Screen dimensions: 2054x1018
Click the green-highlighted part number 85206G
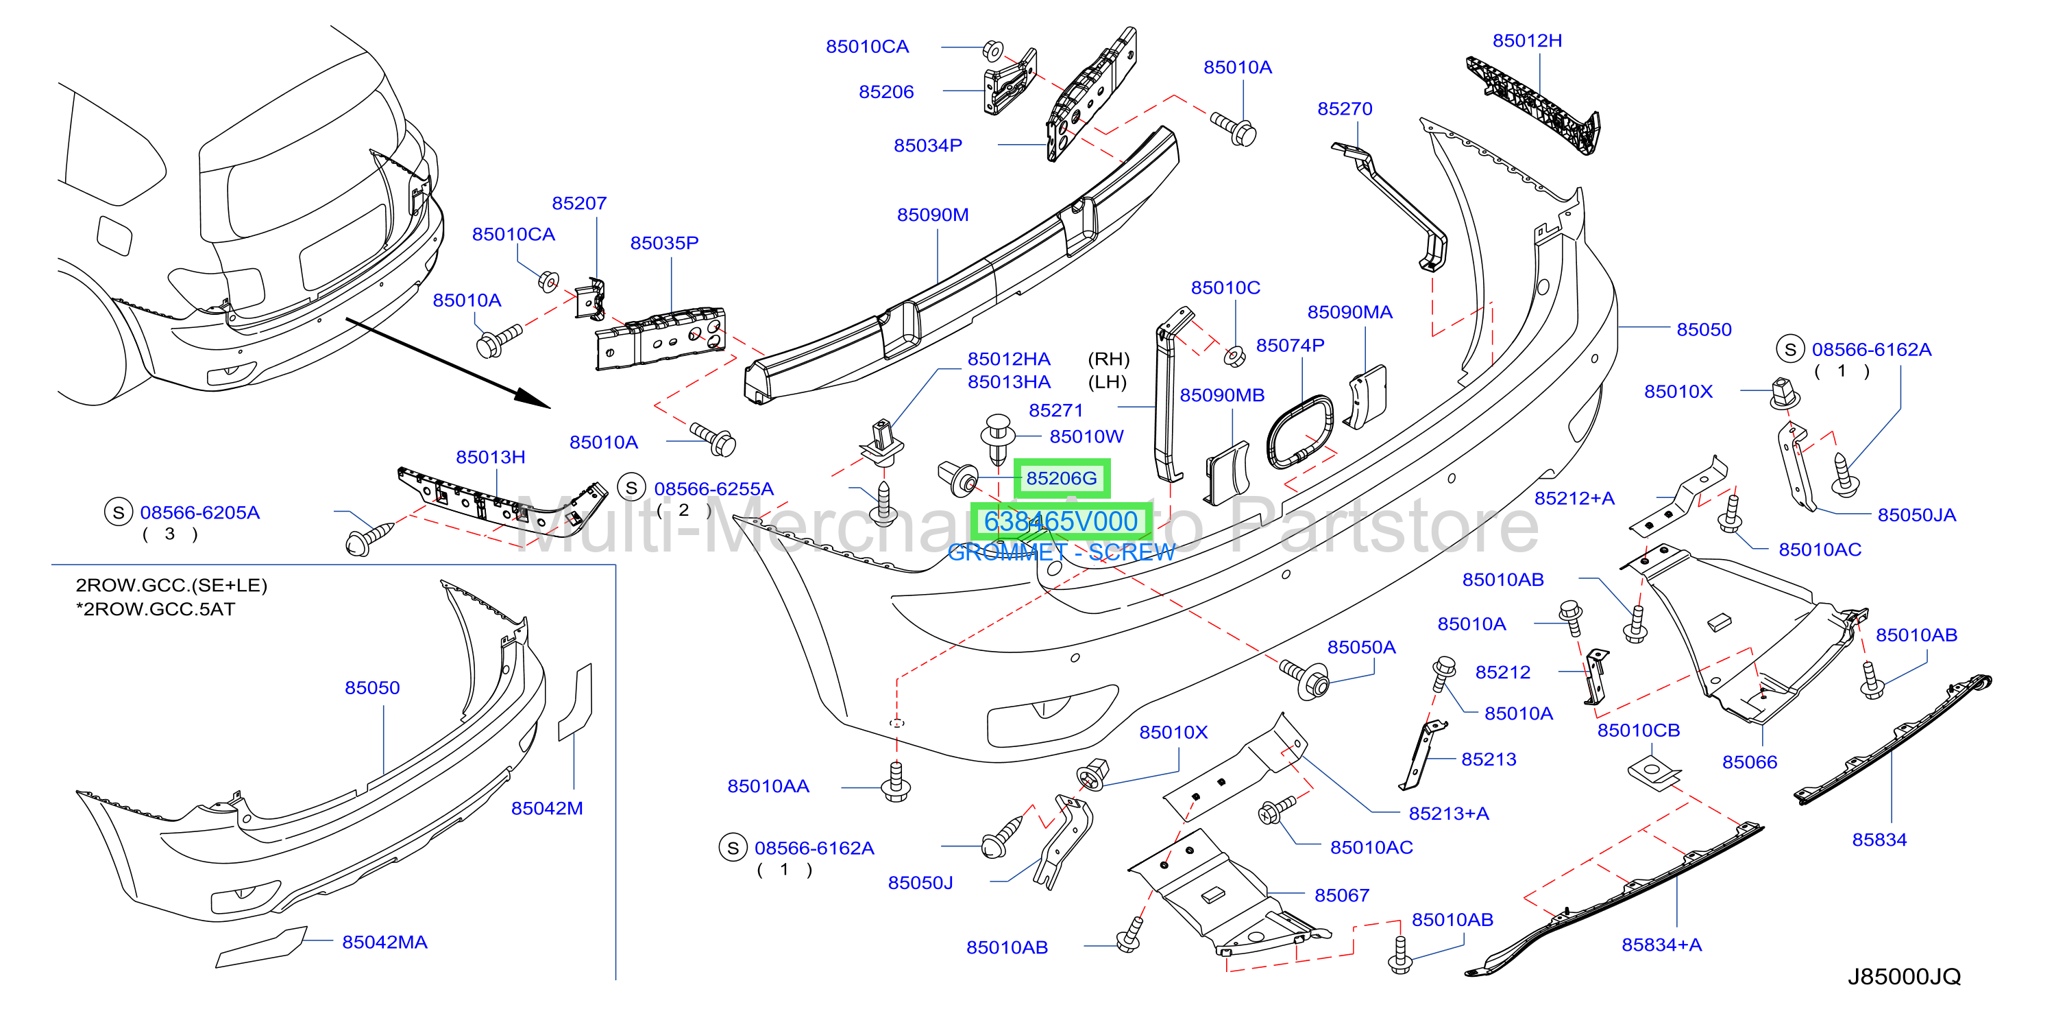pyautogui.click(x=1062, y=478)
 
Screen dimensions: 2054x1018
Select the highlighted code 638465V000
pyautogui.click(x=1060, y=522)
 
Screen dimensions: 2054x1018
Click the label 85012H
pyautogui.click(x=1527, y=40)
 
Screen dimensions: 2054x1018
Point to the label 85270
pyautogui.click(x=1345, y=108)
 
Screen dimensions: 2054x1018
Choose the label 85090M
pyautogui.click(x=933, y=215)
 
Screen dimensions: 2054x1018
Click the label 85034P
pyautogui.click(x=927, y=145)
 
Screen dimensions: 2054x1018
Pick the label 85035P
pyautogui.click(x=664, y=243)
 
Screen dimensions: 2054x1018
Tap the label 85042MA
pyautogui.click(x=384, y=943)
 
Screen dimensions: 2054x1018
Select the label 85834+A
pyautogui.click(x=1662, y=945)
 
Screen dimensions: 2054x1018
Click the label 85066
pyautogui.click(x=1750, y=762)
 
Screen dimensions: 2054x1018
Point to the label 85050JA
pyautogui.click(x=1917, y=514)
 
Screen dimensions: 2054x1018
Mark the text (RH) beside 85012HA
pyautogui.click(x=1108, y=359)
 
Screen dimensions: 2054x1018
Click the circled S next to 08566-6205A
pyautogui.click(x=118, y=512)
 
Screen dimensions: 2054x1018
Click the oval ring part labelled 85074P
pyautogui.click(x=1299, y=431)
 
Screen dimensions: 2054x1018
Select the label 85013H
pyautogui.click(x=491, y=457)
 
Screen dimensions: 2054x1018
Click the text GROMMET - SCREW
pyautogui.click(x=1060, y=552)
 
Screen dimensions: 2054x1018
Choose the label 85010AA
pyautogui.click(x=768, y=786)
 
